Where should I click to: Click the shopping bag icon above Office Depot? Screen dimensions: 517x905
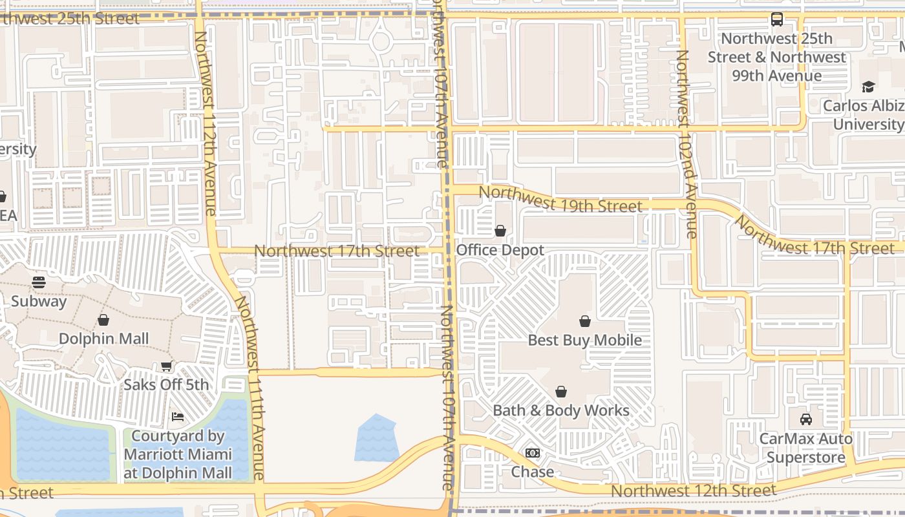tap(500, 231)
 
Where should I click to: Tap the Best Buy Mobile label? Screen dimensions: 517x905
tap(585, 340)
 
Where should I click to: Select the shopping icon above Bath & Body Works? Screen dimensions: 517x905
tap(561, 392)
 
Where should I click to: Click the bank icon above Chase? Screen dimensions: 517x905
tap(532, 453)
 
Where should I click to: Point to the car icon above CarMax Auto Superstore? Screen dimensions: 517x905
tap(805, 419)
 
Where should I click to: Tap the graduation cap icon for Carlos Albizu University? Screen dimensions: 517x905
tap(868, 87)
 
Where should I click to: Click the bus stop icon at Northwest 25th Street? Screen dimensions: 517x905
tap(777, 19)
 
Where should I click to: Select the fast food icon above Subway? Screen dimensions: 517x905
tap(39, 282)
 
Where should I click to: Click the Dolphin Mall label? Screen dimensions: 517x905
tap(103, 339)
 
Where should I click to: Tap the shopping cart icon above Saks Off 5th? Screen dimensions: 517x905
tap(166, 366)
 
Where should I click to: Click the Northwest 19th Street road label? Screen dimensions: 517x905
tap(560, 199)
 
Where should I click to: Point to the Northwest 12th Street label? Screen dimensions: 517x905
tap(693, 491)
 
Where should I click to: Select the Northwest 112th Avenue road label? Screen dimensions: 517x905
tap(205, 123)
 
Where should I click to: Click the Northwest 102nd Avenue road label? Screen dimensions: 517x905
tap(686, 143)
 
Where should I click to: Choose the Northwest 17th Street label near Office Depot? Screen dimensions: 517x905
tap(337, 251)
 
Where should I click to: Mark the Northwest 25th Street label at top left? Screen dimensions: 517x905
tap(68, 18)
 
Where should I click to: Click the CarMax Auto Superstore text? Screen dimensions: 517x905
tap(805, 448)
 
